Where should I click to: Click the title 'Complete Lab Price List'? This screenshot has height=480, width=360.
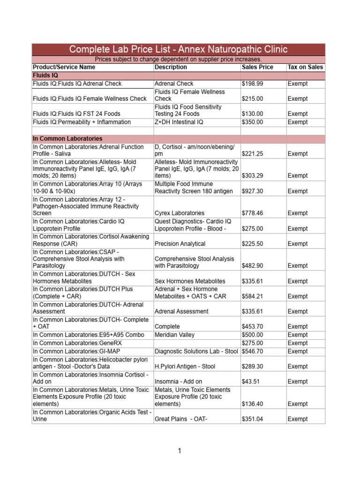pyautogui.click(x=178, y=50)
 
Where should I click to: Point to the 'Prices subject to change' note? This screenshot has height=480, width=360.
pyautogui.click(x=178, y=60)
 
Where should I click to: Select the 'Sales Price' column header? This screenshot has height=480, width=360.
pyautogui.click(x=257, y=67)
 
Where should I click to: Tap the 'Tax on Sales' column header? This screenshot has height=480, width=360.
pyautogui.click(x=305, y=67)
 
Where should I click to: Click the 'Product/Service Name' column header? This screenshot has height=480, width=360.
pyautogui.click(x=64, y=67)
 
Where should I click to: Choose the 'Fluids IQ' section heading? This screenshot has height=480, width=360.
pyautogui.click(x=45, y=75)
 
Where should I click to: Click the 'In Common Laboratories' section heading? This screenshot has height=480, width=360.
pyautogui.click(x=67, y=139)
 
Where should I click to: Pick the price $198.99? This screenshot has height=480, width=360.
pyautogui.click(x=253, y=83)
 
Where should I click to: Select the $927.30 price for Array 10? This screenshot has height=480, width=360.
pyautogui.click(x=253, y=191)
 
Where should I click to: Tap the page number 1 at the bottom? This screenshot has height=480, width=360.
pyautogui.click(x=179, y=451)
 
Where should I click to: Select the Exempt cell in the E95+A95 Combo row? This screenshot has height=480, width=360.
pyautogui.click(x=298, y=335)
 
